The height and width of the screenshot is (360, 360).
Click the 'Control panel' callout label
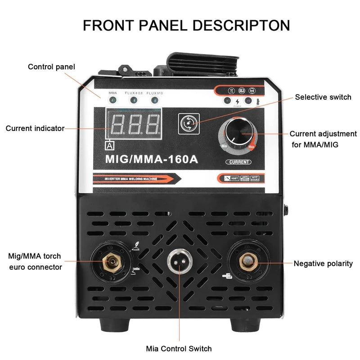pyautogui.click(x=51, y=67)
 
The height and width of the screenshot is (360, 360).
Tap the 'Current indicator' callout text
pyautogui.click(x=35, y=129)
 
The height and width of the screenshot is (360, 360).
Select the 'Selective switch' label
pyautogui.click(x=323, y=97)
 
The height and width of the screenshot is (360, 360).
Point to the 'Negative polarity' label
pyautogui.click(x=323, y=264)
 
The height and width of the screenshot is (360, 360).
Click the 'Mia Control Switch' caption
pyautogui.click(x=179, y=348)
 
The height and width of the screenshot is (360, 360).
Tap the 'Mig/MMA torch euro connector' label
pyautogui.click(x=35, y=262)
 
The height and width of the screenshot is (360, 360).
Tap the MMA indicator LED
pyautogui.click(x=112, y=100)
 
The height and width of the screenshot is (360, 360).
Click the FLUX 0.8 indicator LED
pyautogui.click(x=134, y=100)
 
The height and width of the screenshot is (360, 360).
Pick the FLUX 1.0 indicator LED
pyautogui.click(x=155, y=100)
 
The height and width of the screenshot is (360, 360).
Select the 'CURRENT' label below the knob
pyautogui.click(x=238, y=162)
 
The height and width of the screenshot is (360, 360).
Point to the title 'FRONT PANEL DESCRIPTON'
pyautogui.click(x=186, y=25)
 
